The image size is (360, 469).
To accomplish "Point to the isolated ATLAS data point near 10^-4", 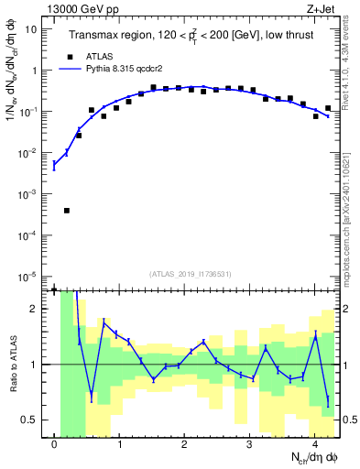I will tap(67, 211).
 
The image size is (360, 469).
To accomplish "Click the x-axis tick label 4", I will tap(314, 444).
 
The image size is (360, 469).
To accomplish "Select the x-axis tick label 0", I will tap(55, 444).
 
